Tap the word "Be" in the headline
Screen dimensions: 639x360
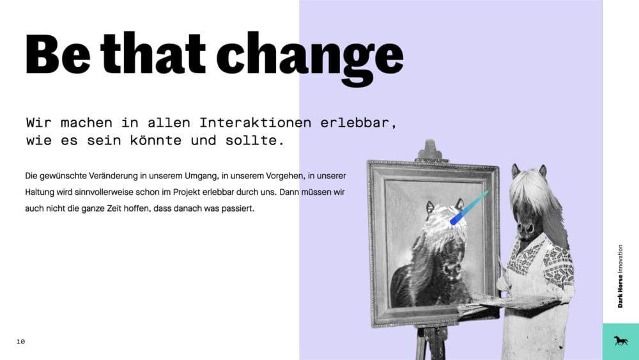58,54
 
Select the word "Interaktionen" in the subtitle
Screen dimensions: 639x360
255,122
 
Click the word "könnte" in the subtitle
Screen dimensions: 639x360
156,140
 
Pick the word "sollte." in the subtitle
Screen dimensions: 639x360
255,140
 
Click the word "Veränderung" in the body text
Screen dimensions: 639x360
113,176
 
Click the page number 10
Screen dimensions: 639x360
21,341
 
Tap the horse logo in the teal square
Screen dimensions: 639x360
620,341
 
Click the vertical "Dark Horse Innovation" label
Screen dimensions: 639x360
620,276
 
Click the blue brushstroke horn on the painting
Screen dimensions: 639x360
468,208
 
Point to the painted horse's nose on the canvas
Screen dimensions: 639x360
452,269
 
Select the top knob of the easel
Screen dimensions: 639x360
430,149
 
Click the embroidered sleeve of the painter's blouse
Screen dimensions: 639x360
559,265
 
